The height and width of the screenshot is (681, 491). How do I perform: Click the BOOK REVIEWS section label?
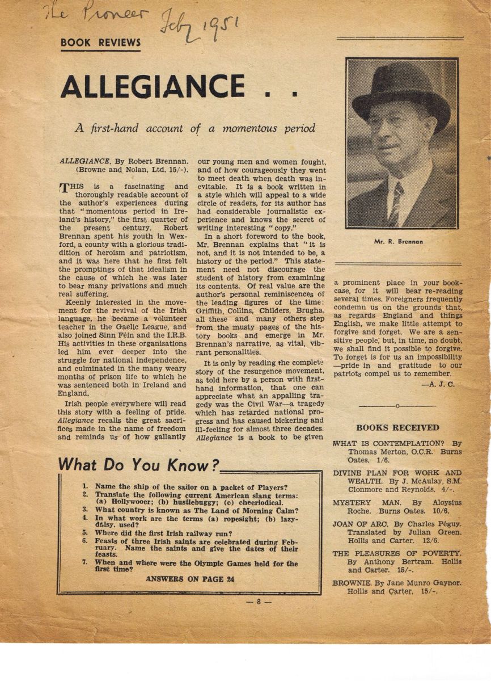pyautogui.click(x=100, y=43)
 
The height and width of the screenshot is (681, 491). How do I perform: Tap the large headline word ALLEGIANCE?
pyautogui.click(x=153, y=86)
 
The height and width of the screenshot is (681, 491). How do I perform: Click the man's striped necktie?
pyautogui.click(x=395, y=204)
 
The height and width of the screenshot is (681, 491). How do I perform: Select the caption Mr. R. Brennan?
pyautogui.click(x=398, y=242)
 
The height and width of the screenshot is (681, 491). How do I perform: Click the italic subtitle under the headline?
pyautogui.click(x=194, y=128)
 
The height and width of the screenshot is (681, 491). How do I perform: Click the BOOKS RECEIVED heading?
pyautogui.click(x=397, y=427)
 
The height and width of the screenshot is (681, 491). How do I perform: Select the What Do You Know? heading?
pyautogui.click(x=138, y=465)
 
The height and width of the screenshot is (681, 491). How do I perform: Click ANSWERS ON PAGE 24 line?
pyautogui.click(x=190, y=579)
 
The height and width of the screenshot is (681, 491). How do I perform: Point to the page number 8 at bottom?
pyautogui.click(x=257, y=602)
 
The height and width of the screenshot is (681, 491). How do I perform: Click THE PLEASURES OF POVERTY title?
pyautogui.click(x=397, y=553)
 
